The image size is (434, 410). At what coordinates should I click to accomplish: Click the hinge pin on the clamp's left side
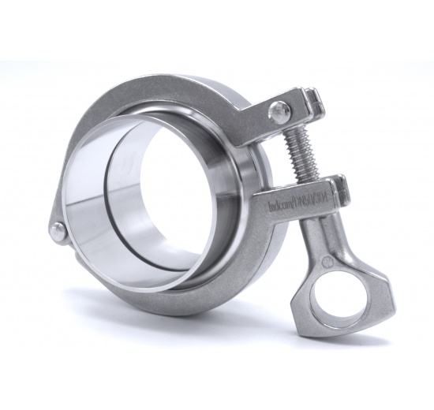click(58, 230)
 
